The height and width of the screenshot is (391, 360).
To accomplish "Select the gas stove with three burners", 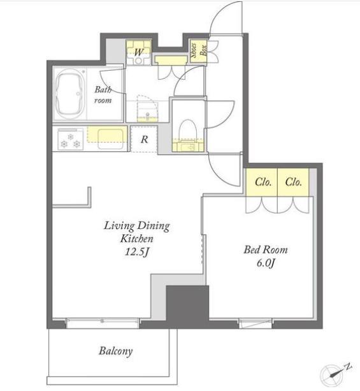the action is (x=70, y=139).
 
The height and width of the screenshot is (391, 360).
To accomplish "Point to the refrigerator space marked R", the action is (x=144, y=139).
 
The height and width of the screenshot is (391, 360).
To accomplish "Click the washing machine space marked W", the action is (x=139, y=52).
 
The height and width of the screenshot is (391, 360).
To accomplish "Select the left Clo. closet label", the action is (x=263, y=182).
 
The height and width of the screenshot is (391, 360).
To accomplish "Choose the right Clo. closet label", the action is (x=293, y=182).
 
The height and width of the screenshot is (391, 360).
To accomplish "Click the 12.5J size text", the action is (x=137, y=252).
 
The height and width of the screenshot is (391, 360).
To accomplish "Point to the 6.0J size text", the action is (x=266, y=263).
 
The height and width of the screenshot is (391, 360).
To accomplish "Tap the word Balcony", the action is (x=115, y=351).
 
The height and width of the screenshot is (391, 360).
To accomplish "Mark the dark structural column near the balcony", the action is (x=187, y=306).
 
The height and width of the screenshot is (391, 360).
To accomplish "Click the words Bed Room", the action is (x=266, y=250).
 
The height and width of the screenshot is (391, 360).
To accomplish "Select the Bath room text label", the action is (x=103, y=95).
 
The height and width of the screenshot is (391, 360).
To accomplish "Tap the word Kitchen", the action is (x=137, y=239).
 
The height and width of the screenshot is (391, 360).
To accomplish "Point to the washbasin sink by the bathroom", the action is (x=147, y=115).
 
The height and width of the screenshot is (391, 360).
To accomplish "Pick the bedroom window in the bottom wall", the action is (x=256, y=323).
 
